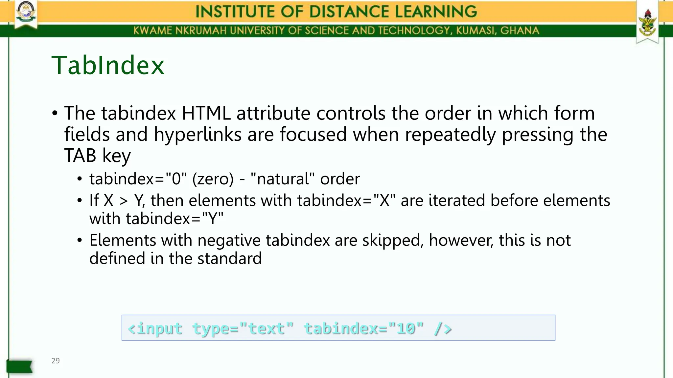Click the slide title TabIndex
[x=108, y=65]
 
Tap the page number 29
[x=56, y=361]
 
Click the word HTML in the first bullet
[x=206, y=113]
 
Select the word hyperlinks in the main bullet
[x=197, y=135]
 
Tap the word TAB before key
[x=80, y=156]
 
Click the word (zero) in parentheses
[x=213, y=179]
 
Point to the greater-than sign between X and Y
[x=124, y=200]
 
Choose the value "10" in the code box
[x=406, y=328]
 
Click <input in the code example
[x=155, y=328]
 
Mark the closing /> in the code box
[x=443, y=328]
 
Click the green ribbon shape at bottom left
[x=19, y=366]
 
